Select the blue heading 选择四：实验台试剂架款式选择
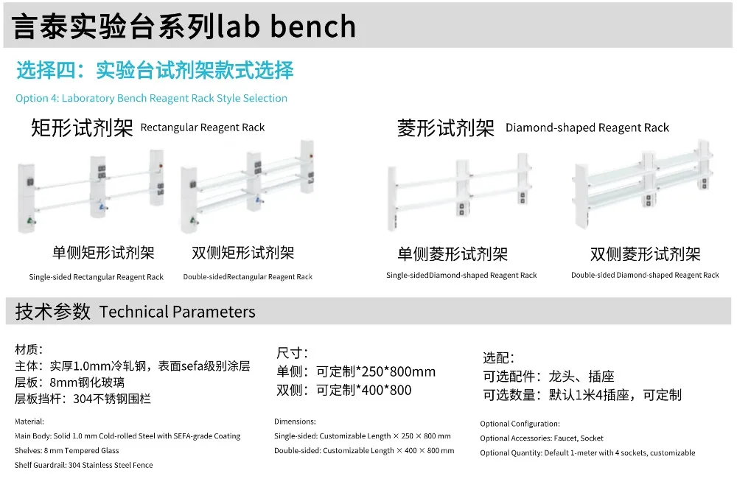[x=155, y=71]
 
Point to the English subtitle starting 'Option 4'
[x=151, y=98]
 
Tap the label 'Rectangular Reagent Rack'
[x=202, y=127]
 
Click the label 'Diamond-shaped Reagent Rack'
[x=587, y=127]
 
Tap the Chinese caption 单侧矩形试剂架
[x=103, y=254]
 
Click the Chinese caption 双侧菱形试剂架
[x=645, y=255]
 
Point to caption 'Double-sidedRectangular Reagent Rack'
[x=248, y=277]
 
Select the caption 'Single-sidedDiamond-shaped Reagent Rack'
[x=461, y=276]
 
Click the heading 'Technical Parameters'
[x=177, y=312]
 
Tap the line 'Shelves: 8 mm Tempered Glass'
[x=66, y=450]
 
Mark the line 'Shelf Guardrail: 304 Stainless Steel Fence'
[x=83, y=465]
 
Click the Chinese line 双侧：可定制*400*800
[x=343, y=390]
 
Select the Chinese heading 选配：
[x=499, y=357]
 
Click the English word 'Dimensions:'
[x=295, y=422]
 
